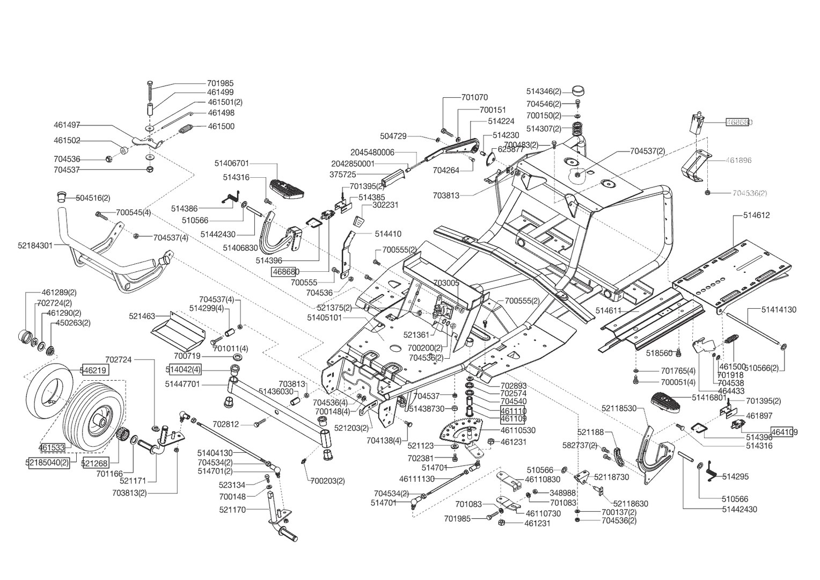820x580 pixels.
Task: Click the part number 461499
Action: click(x=220, y=92)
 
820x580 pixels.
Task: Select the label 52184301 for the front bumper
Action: click(x=35, y=245)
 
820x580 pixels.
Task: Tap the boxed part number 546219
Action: click(x=94, y=370)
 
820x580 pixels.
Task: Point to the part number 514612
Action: click(x=756, y=215)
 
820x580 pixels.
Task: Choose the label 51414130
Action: click(x=779, y=310)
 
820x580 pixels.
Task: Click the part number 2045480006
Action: click(x=372, y=153)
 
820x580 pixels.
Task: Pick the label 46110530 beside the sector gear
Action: click(x=518, y=430)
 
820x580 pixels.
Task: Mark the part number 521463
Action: click(x=142, y=317)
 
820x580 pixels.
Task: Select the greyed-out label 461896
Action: click(x=738, y=160)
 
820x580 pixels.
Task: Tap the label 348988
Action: click(x=562, y=493)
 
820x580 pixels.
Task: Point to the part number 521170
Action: click(x=232, y=509)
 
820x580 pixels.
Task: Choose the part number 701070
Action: click(x=474, y=98)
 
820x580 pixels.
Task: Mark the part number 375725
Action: click(x=342, y=175)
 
